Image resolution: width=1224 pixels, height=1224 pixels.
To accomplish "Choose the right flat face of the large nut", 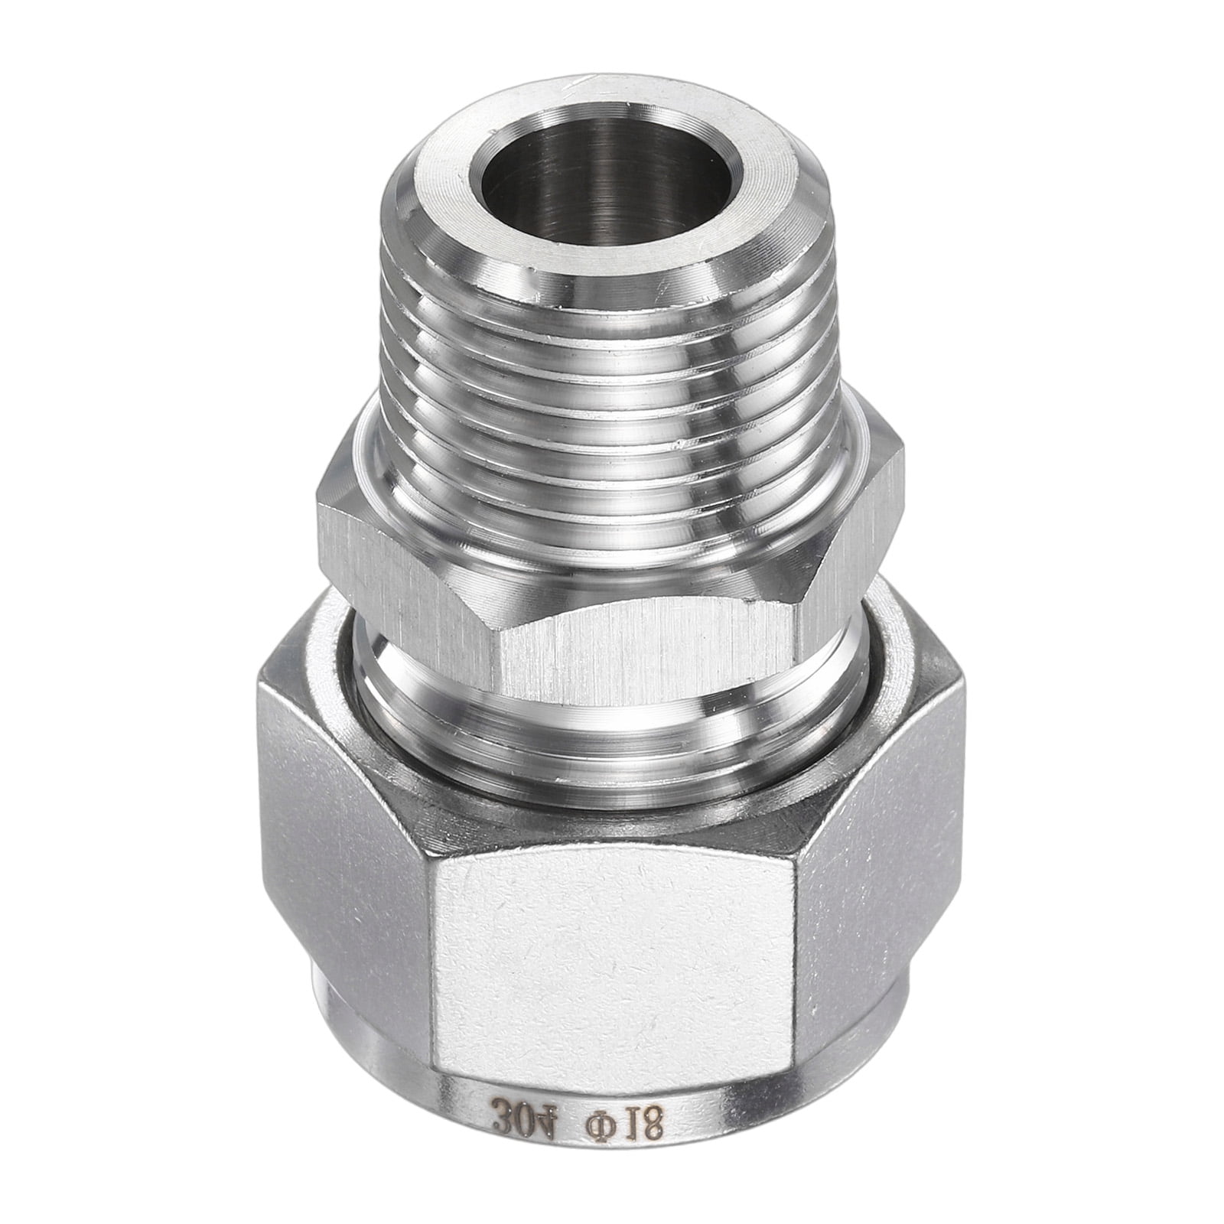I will (872, 895).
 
